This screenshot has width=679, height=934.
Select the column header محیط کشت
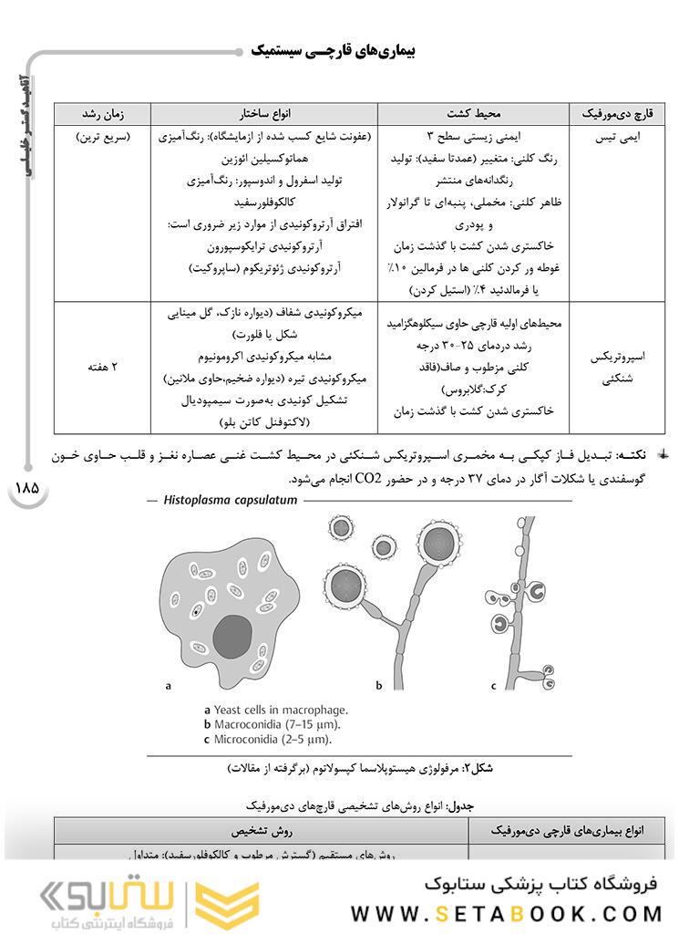(474, 114)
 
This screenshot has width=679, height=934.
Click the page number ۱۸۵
(26, 487)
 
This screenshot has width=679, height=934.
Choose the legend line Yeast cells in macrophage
(275, 710)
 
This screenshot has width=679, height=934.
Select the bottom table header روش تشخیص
(261, 832)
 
